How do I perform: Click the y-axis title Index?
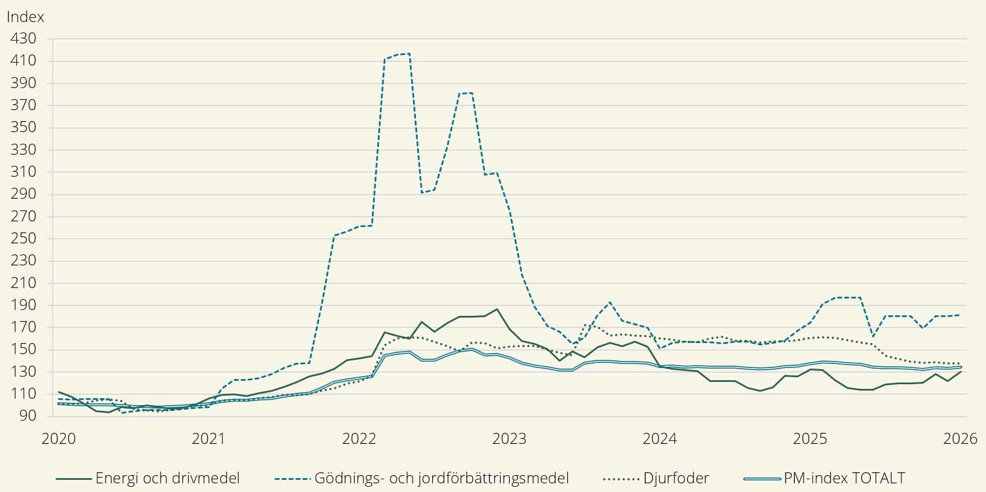[25, 17]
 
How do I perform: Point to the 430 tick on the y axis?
[23, 38]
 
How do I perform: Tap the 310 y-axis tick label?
[23, 172]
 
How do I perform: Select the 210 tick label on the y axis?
[23, 283]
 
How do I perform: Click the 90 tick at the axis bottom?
[27, 416]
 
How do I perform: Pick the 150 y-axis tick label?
[23, 349]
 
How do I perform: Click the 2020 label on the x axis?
[59, 439]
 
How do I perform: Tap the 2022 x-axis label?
[359, 439]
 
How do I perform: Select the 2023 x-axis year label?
[509, 439]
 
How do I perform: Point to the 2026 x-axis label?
[960, 439]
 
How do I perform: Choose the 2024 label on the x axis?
[660, 439]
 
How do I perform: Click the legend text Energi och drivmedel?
[167, 479]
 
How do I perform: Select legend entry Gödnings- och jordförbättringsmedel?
[441, 479]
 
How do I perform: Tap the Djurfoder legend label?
[676, 479]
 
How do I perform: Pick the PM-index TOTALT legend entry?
[844, 479]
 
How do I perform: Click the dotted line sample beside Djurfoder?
[621, 479]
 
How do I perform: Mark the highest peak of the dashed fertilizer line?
[410, 54]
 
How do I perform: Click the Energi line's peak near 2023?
[497, 309]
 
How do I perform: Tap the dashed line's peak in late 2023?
[610, 303]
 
